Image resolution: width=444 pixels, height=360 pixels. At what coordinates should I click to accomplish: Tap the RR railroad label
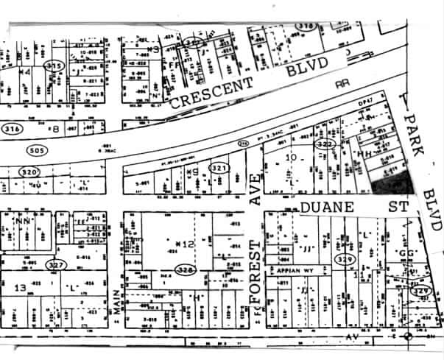click(x=341, y=85)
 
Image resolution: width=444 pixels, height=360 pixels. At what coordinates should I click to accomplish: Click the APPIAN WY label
click(x=295, y=270)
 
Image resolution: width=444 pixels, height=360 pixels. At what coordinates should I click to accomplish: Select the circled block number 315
click(x=53, y=66)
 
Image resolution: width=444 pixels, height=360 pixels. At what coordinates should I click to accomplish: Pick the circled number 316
click(x=12, y=128)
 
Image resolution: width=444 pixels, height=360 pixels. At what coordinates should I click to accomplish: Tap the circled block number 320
click(x=27, y=172)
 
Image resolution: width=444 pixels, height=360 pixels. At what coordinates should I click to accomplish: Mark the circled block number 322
click(x=325, y=145)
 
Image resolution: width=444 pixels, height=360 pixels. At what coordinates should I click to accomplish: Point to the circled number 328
click(x=185, y=269)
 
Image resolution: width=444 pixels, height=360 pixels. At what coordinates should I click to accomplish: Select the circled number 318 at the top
click(x=306, y=26)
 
